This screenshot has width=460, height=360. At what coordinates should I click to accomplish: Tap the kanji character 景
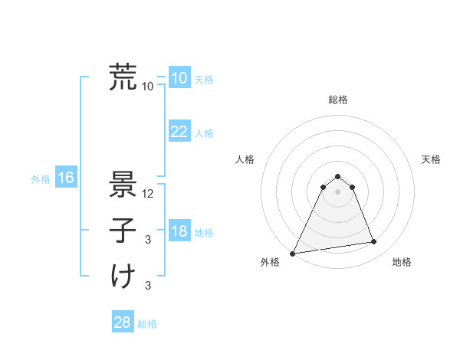coord(123,185)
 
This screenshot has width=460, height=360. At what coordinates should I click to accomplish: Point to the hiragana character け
coord(123,277)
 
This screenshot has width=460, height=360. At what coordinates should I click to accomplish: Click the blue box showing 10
coord(179,78)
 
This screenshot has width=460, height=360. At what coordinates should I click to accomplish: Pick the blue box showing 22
coord(179,132)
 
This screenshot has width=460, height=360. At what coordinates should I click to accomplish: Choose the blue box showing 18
coord(179,232)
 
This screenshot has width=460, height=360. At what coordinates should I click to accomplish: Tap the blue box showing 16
coord(66,178)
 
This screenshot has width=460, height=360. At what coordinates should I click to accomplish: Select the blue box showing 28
coord(122,322)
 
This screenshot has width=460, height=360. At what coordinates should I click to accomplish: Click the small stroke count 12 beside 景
coord(148,194)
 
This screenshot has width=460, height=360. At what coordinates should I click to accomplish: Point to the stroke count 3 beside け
coord(148,286)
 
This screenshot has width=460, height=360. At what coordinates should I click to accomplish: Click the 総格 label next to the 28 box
coord(147,324)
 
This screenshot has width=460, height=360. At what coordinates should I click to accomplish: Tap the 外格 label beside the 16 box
coord(41,179)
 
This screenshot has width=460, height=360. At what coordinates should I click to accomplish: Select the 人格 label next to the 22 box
coord(204,133)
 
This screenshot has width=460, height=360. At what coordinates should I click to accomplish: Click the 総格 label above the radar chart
coord(337,100)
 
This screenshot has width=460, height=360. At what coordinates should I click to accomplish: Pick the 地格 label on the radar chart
coord(402,263)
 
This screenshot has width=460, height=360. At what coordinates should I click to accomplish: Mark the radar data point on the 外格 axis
coord(293,254)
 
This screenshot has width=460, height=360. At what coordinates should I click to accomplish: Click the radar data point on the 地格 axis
coord(374,242)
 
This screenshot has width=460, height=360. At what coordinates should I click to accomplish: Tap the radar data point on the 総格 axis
coord(337,175)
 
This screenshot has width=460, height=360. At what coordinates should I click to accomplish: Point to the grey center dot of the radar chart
coord(337,191)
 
